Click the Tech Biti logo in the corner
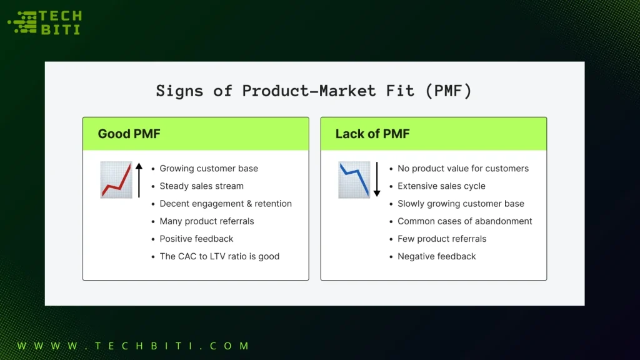pyautogui.click(x=44, y=23)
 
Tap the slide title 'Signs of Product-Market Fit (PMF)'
pyautogui.click(x=314, y=91)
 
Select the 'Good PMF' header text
pyautogui.click(x=129, y=134)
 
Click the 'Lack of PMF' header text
pyautogui.click(x=372, y=134)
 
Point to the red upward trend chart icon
pyautogui.click(x=116, y=180)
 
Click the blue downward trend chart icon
pyautogui.click(x=354, y=180)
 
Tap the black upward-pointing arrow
pyautogui.click(x=139, y=179)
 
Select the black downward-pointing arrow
pyautogui.click(x=377, y=179)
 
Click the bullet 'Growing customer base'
pyautogui.click(x=209, y=169)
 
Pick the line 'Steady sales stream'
pyautogui.click(x=201, y=186)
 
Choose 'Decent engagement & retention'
pyautogui.click(x=226, y=204)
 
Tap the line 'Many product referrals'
pyautogui.click(x=207, y=221)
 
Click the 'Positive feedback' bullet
pyautogui.click(x=196, y=239)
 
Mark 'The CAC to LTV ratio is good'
pyautogui.click(x=219, y=256)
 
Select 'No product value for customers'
pyautogui.click(x=463, y=169)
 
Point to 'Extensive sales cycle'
pyautogui.click(x=441, y=186)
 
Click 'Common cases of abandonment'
pyautogui.click(x=465, y=221)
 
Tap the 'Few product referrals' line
pyautogui.click(x=442, y=239)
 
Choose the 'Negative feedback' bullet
pyautogui.click(x=437, y=256)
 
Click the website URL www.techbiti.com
pyautogui.click(x=133, y=346)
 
